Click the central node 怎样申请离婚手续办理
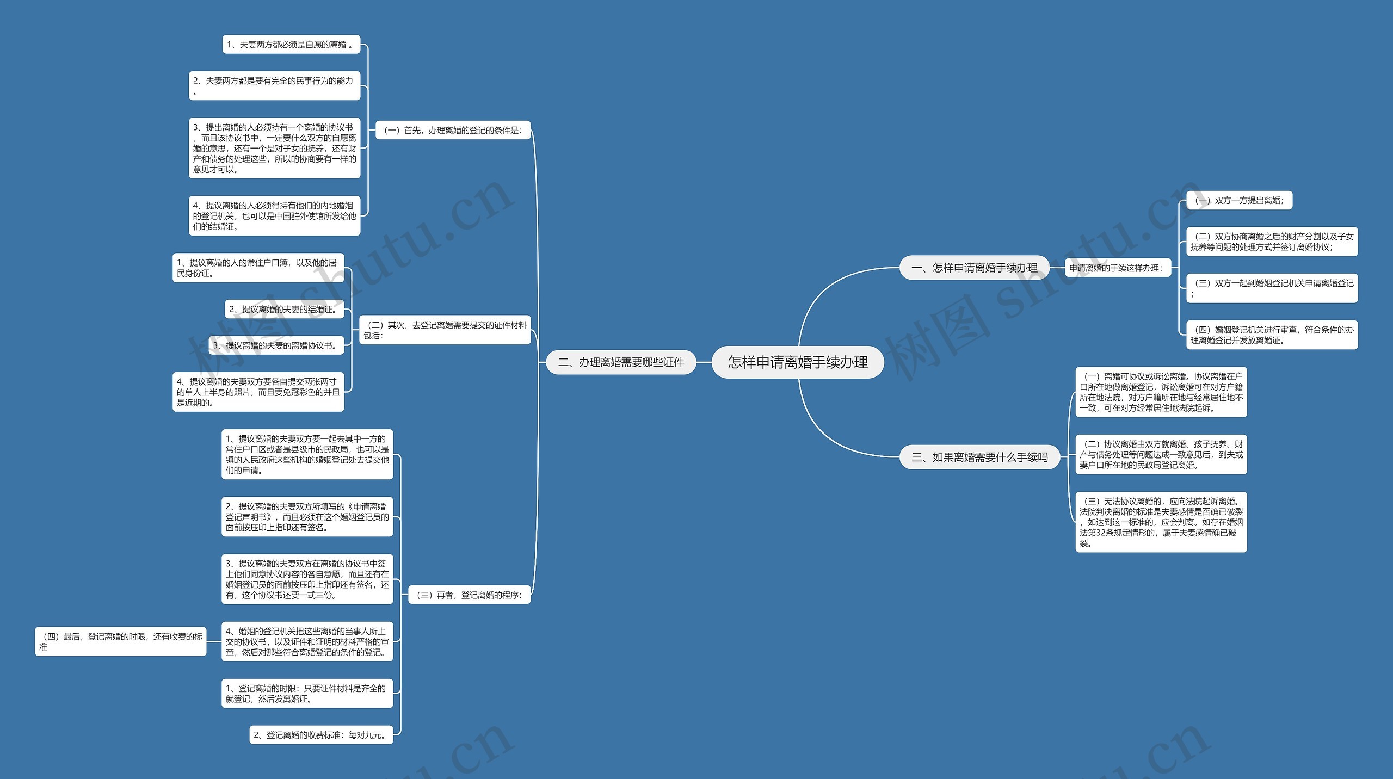[798, 362]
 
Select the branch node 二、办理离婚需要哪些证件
[621, 362]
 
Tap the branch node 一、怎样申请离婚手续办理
[974, 268]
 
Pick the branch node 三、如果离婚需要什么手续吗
[979, 457]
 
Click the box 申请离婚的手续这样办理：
[1116, 268]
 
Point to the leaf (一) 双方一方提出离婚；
[1239, 200]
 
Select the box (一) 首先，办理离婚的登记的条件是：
[453, 130]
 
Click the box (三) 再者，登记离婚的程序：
[469, 595]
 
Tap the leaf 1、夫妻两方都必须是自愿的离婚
[291, 45]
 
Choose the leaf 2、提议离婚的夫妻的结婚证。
[285, 309]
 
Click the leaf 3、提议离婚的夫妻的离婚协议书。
[276, 345]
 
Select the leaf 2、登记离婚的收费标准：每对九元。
[321, 735]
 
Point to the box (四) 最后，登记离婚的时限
[121, 641]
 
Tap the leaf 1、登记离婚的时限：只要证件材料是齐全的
[307, 693]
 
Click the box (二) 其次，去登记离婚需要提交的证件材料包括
[445, 330]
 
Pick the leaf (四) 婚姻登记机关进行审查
[1272, 335]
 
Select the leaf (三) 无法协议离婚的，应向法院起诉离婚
[1161, 522]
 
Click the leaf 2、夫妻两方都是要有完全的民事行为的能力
[274, 85]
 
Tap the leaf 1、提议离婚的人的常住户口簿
[258, 268]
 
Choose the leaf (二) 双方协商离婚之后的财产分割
[1272, 242]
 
